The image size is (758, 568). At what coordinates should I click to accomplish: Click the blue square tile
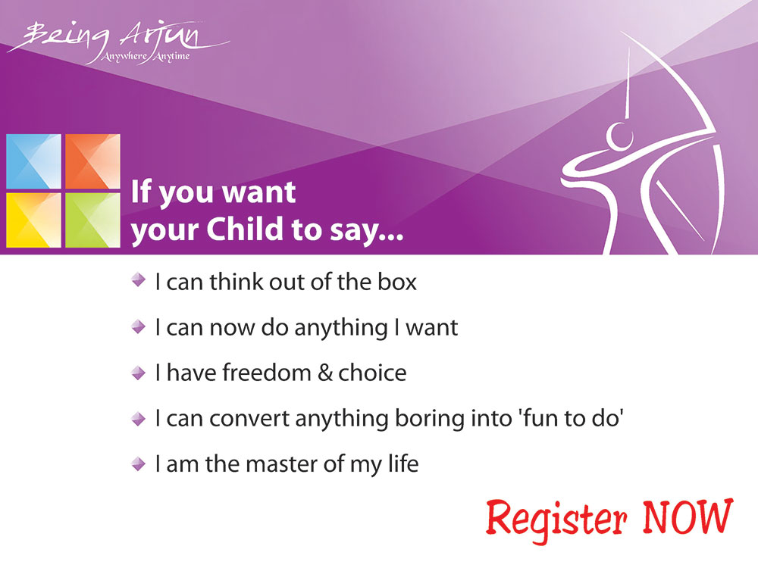34,161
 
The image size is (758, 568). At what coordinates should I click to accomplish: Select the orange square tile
92,161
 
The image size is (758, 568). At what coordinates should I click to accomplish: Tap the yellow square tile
34,220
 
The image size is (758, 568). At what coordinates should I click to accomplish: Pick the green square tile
92,220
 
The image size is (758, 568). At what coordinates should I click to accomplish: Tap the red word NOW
688,517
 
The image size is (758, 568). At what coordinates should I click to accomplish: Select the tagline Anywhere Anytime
146,57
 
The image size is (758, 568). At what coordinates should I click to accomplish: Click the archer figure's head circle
620,136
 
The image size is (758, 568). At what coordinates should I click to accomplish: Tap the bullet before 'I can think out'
139,279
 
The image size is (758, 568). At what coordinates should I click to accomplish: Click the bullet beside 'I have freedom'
139,373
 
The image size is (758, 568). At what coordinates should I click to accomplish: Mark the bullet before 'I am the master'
139,464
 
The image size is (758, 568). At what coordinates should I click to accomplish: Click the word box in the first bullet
397,282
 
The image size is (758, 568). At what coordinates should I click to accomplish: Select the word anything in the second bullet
341,329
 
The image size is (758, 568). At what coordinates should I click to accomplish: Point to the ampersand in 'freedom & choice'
325,373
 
